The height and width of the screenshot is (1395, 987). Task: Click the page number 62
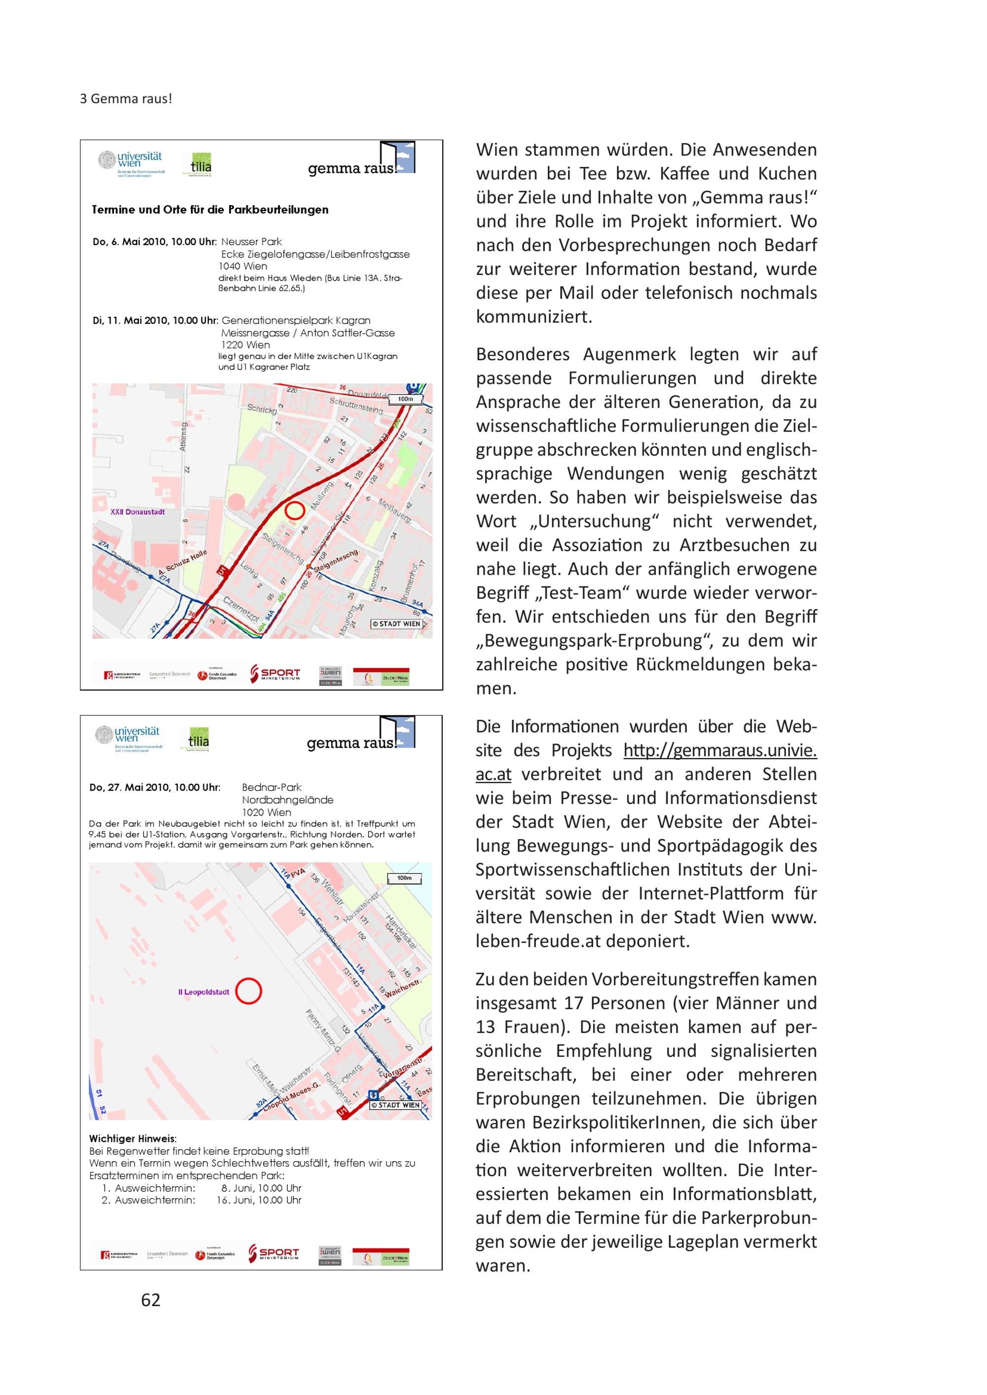pyautogui.click(x=151, y=1300)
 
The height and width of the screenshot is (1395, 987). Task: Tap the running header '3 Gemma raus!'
pyautogui.click(x=126, y=99)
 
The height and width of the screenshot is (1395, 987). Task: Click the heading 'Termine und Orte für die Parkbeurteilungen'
pyautogui.click(x=210, y=210)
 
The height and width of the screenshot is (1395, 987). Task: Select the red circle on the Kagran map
pyautogui.click(x=295, y=511)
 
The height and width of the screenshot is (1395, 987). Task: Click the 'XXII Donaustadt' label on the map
pyautogui.click(x=137, y=512)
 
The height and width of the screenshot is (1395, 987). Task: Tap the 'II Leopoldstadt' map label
pyautogui.click(x=204, y=992)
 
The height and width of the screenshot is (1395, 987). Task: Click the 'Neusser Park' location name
pyautogui.click(x=252, y=242)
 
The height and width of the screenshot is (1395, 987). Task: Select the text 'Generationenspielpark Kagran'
pyautogui.click(x=296, y=320)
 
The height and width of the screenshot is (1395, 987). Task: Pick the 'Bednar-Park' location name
pyautogui.click(x=271, y=787)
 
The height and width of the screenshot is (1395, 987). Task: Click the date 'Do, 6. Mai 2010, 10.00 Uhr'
pyautogui.click(x=154, y=242)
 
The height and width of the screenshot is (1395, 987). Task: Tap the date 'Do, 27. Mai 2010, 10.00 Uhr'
pyautogui.click(x=154, y=787)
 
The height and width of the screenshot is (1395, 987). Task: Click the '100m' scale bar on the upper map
pyautogui.click(x=405, y=400)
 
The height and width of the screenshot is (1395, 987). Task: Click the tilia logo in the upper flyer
pyautogui.click(x=200, y=164)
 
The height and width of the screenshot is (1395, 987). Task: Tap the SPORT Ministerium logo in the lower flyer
pyautogui.click(x=274, y=1253)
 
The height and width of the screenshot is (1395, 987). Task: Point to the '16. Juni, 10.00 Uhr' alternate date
pyautogui.click(x=259, y=1200)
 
